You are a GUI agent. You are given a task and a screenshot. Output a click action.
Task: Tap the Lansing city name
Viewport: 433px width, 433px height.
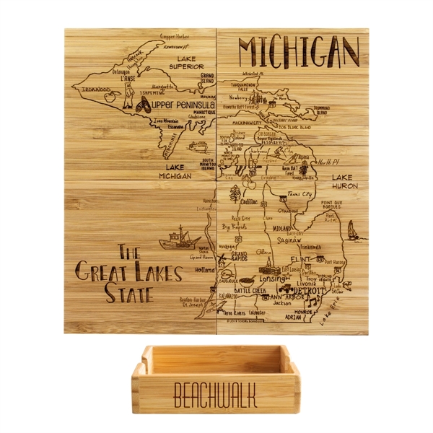tap(273, 278)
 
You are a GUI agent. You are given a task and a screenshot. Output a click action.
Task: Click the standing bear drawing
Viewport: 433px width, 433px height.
tap(127, 95)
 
